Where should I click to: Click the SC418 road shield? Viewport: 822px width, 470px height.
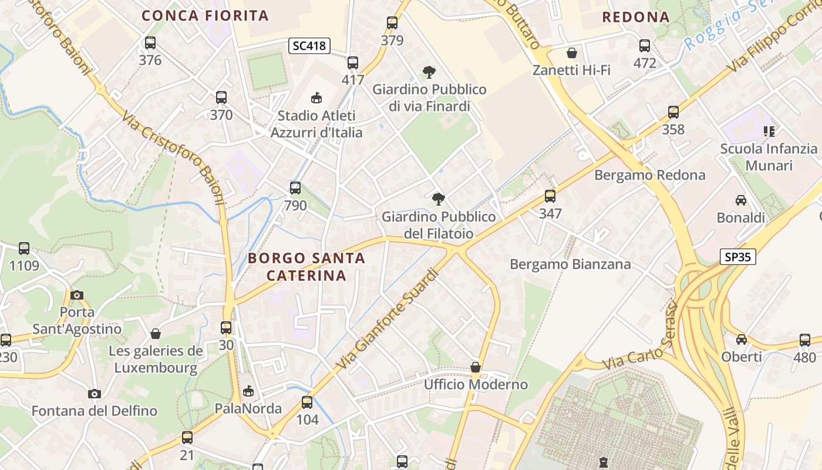(x=309, y=45)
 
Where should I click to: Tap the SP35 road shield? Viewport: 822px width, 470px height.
(x=737, y=257)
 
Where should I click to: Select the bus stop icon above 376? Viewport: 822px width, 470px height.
(x=150, y=43)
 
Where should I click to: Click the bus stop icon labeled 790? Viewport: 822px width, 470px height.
(x=295, y=188)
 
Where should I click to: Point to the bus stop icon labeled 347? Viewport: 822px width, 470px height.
(x=550, y=196)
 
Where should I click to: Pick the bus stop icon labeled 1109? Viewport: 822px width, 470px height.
(x=24, y=249)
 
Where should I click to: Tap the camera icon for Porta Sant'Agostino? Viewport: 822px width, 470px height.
(x=76, y=295)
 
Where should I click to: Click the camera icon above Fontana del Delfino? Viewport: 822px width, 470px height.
(x=94, y=394)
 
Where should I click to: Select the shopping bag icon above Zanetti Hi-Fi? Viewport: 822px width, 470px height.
(x=572, y=53)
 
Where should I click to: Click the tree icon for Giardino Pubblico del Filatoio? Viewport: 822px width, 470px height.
(x=438, y=199)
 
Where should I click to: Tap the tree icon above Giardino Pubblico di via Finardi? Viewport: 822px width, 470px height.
(x=429, y=72)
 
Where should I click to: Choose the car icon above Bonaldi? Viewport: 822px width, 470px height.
(x=741, y=200)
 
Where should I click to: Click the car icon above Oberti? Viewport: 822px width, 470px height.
(x=742, y=340)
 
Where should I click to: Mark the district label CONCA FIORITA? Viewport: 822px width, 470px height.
(x=206, y=16)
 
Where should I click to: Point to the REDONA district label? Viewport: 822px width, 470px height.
(x=636, y=17)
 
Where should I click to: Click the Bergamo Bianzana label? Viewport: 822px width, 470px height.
(x=570, y=264)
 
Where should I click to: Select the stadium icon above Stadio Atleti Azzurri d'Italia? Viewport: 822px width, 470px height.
(x=316, y=98)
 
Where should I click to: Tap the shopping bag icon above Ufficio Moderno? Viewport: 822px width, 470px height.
(x=476, y=368)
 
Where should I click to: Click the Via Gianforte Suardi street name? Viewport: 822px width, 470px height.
(x=388, y=320)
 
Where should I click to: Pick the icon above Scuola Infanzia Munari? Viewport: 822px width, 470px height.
(x=769, y=132)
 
